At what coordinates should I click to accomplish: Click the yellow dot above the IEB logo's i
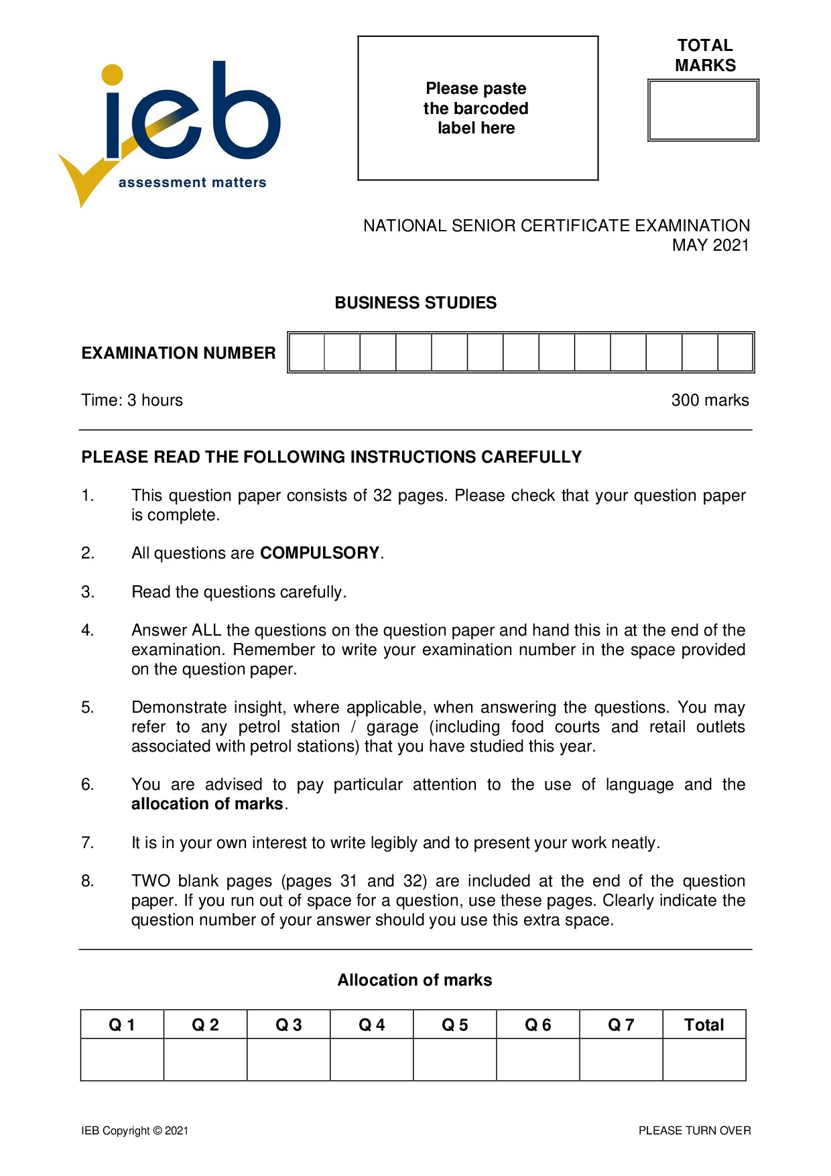(x=113, y=74)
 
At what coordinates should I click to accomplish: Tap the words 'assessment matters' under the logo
(x=192, y=182)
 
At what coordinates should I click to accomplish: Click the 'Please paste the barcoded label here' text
(x=476, y=108)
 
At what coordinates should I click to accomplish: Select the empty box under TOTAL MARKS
(x=703, y=111)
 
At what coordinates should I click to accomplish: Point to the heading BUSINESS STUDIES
(x=415, y=303)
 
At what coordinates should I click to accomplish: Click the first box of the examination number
(x=307, y=353)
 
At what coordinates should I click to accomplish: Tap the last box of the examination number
(x=735, y=353)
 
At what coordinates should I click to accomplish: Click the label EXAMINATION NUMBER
(x=178, y=353)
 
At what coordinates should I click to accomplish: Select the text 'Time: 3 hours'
(x=132, y=400)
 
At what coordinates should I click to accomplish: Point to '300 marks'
(x=710, y=400)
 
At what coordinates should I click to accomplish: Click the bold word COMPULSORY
(x=320, y=553)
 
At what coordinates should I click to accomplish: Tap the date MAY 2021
(x=710, y=245)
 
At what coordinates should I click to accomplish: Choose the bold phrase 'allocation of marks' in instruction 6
(x=207, y=804)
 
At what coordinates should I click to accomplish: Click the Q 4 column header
(x=371, y=1024)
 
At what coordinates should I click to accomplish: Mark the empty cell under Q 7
(x=621, y=1059)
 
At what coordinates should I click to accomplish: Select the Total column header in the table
(x=704, y=1024)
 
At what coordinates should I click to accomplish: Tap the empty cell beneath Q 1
(x=122, y=1059)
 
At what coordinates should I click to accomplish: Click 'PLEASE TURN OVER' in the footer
(x=694, y=1130)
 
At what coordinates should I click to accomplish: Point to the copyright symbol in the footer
(x=157, y=1130)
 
